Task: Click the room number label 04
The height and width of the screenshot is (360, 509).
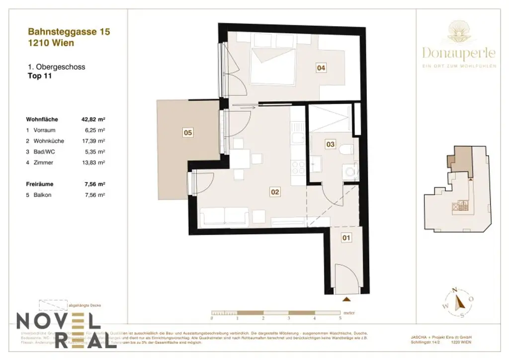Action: pyautogui.click(x=321, y=69)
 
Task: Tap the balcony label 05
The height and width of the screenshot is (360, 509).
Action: pyautogui.click(x=188, y=133)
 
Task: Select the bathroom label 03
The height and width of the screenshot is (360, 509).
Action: pyautogui.click(x=330, y=144)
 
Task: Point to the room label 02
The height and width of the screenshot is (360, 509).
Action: pyautogui.click(x=274, y=191)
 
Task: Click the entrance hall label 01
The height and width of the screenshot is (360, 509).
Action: pyautogui.click(x=346, y=238)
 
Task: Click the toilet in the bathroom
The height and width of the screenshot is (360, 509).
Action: pyautogui.click(x=346, y=149)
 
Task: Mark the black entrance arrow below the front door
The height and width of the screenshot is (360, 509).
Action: pyautogui.click(x=346, y=299)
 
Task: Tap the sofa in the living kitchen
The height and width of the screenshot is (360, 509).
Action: pyautogui.click(x=224, y=216)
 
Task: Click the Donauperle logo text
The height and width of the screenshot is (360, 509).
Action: pyautogui.click(x=459, y=52)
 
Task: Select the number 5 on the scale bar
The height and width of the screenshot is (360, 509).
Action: pyautogui.click(x=340, y=318)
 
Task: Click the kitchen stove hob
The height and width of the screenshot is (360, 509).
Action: pyautogui.click(x=298, y=167)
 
